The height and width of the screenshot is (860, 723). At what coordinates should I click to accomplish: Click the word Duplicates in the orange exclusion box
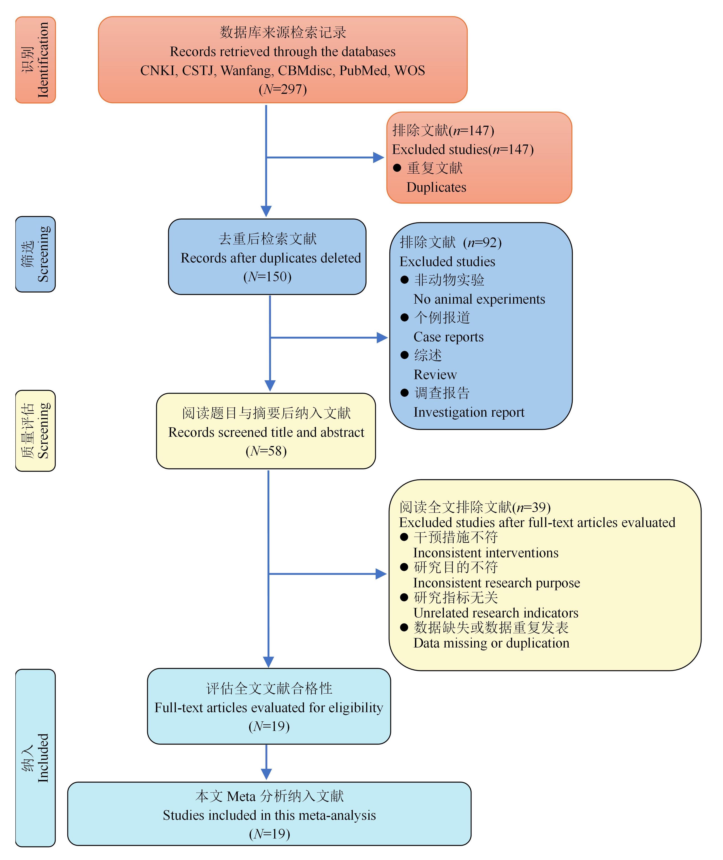tap(436, 187)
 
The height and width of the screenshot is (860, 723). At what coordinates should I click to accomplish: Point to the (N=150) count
tap(267, 277)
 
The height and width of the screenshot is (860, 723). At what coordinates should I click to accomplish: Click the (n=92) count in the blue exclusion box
tap(482, 242)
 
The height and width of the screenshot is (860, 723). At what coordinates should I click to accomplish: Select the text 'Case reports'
tap(448, 337)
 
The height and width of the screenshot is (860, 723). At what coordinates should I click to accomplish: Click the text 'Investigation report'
tap(469, 412)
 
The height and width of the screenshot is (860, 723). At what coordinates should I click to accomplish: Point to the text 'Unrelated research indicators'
tap(496, 613)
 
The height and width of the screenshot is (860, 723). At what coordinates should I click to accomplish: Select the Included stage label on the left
tap(43, 758)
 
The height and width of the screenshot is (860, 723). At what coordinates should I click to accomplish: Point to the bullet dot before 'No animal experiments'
tap(405, 280)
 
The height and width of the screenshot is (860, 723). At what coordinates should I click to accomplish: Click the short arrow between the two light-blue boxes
tap(266, 762)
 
